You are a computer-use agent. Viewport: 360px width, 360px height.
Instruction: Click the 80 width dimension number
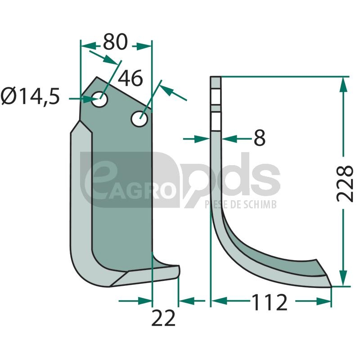pos(115,42)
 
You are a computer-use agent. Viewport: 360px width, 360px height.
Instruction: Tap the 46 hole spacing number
pos(130,78)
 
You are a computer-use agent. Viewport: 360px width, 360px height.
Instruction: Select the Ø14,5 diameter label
pos(30,96)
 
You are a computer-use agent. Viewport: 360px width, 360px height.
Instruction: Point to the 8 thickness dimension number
pos(260,138)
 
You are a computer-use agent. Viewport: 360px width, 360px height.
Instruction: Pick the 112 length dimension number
pos(270,302)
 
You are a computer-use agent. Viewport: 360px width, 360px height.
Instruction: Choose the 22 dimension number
pos(163,318)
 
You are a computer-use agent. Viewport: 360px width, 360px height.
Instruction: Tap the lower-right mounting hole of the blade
pos(139,119)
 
